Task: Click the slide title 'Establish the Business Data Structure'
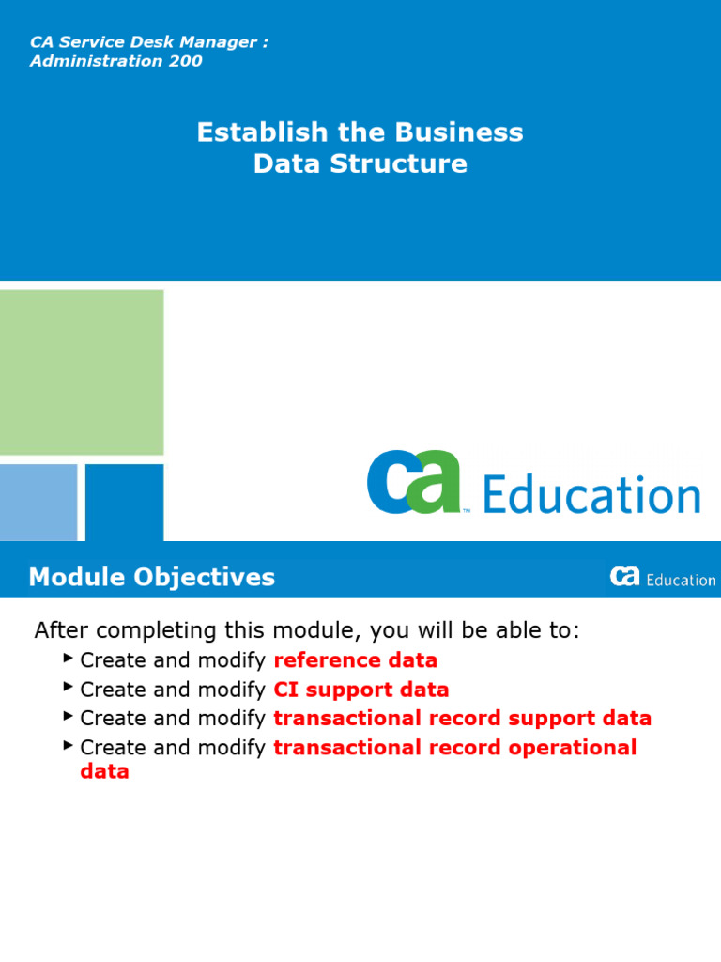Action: [x=360, y=147]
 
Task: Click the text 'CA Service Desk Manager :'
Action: [x=149, y=43]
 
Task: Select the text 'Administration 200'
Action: [x=115, y=62]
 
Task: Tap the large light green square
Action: [x=82, y=372]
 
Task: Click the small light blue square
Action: [x=38, y=502]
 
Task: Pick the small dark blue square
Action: [x=124, y=502]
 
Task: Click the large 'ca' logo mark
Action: [x=414, y=482]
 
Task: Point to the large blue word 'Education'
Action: [x=591, y=495]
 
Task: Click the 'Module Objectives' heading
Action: [x=152, y=577]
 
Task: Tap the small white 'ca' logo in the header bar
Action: [x=624, y=577]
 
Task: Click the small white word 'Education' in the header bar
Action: [x=681, y=580]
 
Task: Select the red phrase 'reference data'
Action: [x=355, y=660]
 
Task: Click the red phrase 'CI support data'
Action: [x=360, y=690]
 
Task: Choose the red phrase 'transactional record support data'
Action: [x=462, y=719]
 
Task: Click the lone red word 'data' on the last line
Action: [x=104, y=772]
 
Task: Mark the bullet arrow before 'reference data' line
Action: [x=69, y=658]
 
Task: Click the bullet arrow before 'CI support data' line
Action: [x=69, y=687]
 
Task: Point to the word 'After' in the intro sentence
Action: [x=63, y=630]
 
